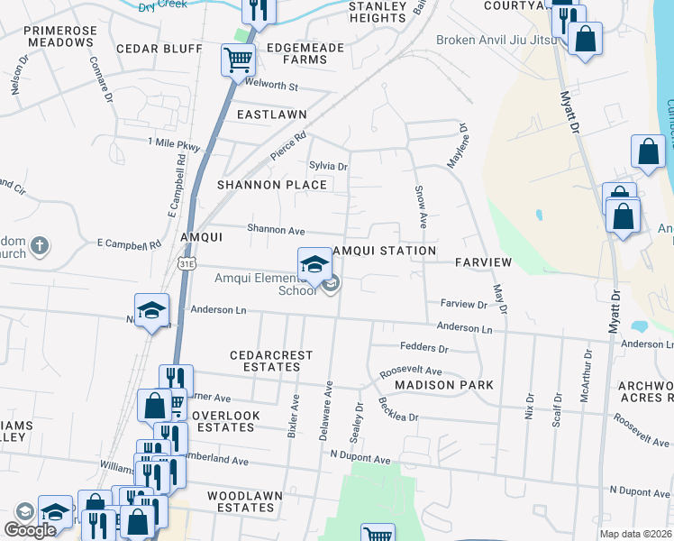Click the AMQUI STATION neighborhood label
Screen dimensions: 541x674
coord(385,251)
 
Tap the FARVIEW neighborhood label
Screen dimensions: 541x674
coord(483,262)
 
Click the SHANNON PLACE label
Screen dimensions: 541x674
coord(272,185)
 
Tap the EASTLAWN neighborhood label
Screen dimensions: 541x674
coord(271,115)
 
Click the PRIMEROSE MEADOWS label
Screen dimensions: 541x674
coord(60,37)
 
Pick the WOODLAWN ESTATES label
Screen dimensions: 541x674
coord(245,502)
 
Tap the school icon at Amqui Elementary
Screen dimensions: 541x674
coord(314,263)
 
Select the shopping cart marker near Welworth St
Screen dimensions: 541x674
coord(239,60)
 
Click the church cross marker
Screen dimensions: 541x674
coord(39,245)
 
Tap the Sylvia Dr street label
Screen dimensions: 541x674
coord(328,166)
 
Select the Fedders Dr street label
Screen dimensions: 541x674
coord(424,347)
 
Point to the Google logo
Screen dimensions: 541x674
coord(30,530)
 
